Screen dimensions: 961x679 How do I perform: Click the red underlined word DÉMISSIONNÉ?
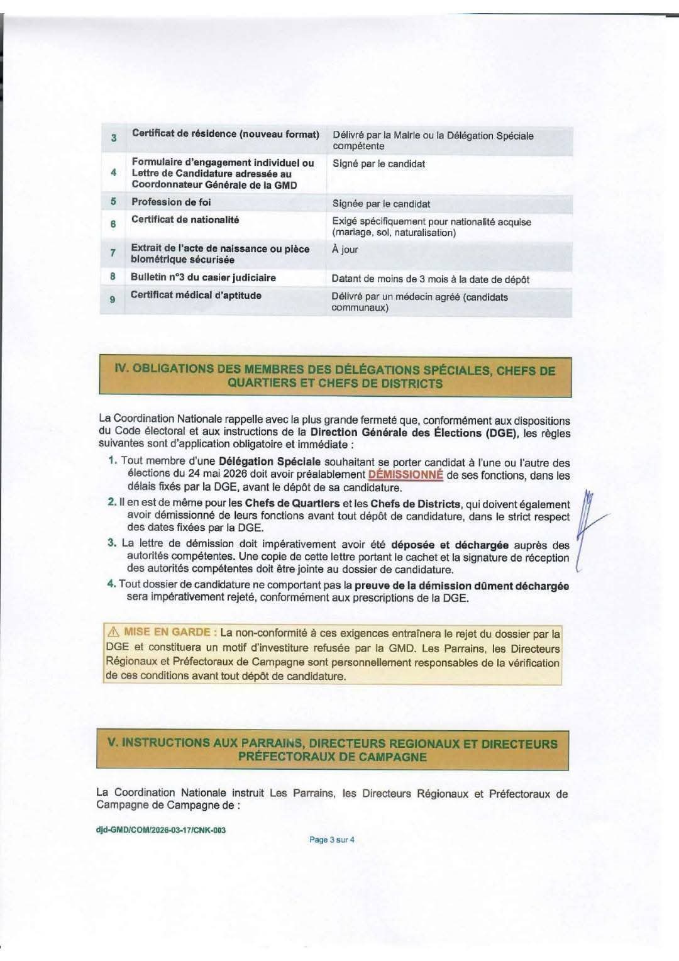click(406, 475)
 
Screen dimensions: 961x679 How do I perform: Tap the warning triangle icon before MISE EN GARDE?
click(113, 632)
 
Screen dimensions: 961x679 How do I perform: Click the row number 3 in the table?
click(114, 138)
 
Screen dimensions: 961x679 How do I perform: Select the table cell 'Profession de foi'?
click(171, 202)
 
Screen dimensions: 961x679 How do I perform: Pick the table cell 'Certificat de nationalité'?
click(185, 219)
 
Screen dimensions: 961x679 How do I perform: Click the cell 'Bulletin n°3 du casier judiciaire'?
click(203, 277)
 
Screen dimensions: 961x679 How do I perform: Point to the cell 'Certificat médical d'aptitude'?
click(196, 295)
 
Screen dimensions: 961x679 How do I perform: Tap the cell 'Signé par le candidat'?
click(378, 164)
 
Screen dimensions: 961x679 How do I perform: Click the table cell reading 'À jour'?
click(345, 250)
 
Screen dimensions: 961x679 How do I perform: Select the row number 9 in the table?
click(113, 299)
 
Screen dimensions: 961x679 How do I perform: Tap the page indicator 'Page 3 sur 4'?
click(332, 840)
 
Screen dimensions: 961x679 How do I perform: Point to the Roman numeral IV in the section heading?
click(121, 369)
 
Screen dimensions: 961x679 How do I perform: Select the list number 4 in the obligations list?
click(111, 584)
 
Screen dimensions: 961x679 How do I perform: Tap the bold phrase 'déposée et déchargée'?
click(450, 545)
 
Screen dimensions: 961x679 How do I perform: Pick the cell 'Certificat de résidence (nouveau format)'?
click(225, 134)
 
